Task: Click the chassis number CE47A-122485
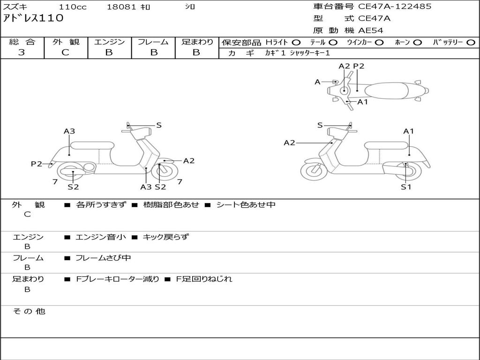click(395, 6)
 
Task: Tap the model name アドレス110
click(33, 18)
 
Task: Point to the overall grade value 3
click(22, 52)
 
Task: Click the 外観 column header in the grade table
click(66, 42)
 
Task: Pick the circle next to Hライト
click(296, 43)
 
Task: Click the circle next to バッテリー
click(471, 43)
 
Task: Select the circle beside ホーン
click(417, 43)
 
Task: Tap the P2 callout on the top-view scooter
click(359, 66)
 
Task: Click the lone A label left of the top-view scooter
click(317, 82)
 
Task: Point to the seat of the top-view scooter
click(386, 90)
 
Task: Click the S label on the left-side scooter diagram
click(159, 125)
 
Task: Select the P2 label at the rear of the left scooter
click(37, 164)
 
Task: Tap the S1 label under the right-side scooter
click(406, 187)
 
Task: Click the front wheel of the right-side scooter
click(314, 171)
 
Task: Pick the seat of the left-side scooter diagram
click(92, 146)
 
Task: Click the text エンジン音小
click(101, 237)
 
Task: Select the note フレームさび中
click(103, 258)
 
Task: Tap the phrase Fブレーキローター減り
click(118, 279)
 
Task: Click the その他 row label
click(29, 311)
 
